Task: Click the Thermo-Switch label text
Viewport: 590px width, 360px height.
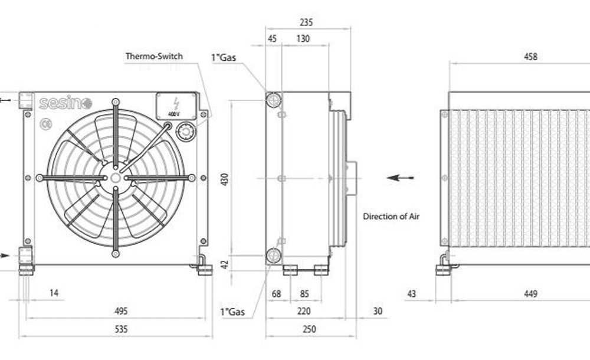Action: coord(154,57)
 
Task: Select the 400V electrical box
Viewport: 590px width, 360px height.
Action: coord(176,106)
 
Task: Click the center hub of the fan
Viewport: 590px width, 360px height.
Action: coord(115,177)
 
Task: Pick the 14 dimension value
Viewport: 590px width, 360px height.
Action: coord(54,292)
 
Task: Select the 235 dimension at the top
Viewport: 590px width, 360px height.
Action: coord(306,23)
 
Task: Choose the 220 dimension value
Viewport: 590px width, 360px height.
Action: coord(303,310)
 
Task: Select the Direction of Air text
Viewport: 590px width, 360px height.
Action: coord(391,217)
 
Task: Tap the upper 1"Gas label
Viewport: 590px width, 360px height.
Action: coord(224,57)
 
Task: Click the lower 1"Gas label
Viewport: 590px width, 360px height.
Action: coord(231,312)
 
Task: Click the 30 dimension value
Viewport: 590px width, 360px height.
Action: coord(378,310)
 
